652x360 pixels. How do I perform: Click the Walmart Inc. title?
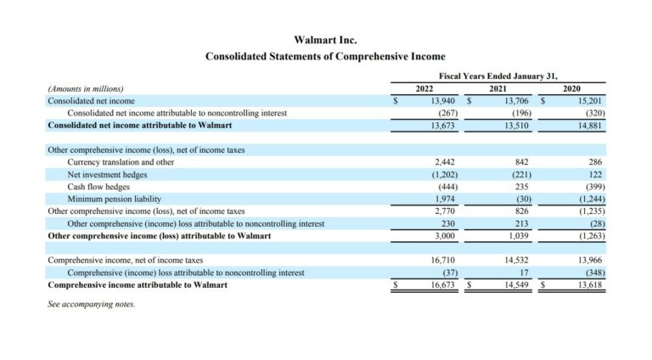325,40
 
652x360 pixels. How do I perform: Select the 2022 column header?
424,88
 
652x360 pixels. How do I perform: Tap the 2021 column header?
497,88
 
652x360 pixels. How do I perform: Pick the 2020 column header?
571,88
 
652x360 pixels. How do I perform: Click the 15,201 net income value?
590,101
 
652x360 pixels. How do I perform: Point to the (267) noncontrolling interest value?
448,113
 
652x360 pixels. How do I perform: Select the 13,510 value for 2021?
516,126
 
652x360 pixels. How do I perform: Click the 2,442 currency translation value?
445,162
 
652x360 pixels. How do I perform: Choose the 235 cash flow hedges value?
521,187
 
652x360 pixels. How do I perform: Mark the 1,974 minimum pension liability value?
445,200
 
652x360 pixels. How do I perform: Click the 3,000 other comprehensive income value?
445,236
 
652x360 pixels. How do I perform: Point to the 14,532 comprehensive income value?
516,260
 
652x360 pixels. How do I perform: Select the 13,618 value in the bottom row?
590,285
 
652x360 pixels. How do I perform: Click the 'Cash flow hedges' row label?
98,187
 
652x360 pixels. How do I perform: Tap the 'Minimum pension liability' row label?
115,200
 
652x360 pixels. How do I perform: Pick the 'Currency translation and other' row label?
121,162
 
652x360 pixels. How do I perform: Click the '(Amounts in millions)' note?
86,89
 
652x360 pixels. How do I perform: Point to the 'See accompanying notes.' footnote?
92,304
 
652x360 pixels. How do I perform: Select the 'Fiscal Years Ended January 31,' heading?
498,76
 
